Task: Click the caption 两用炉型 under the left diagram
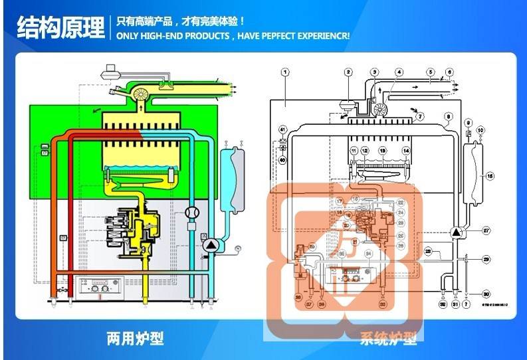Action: tap(135, 339)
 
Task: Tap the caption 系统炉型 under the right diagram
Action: tap(389, 339)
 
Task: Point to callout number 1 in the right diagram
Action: tap(284, 72)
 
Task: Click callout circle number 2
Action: tap(348, 72)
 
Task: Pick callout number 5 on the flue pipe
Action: tap(431, 72)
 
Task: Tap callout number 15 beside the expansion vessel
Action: tap(490, 176)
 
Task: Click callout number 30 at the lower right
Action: tap(486, 294)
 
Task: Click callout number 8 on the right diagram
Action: tap(449, 116)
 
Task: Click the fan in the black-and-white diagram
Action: tap(381, 110)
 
